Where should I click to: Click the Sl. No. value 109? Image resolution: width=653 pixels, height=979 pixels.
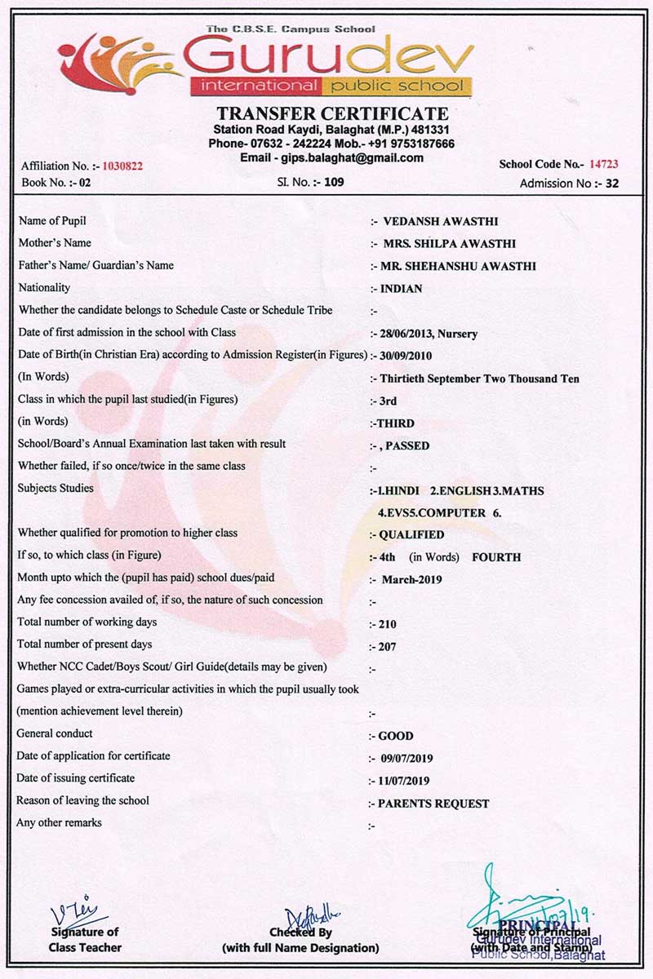(x=335, y=182)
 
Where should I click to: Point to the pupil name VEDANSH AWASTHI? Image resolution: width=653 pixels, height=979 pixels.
(x=440, y=221)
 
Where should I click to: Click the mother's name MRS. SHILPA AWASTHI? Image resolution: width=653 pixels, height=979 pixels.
(x=449, y=243)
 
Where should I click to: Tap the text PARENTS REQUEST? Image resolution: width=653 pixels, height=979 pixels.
(x=433, y=804)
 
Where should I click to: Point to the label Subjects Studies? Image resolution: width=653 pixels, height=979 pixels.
(x=55, y=488)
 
